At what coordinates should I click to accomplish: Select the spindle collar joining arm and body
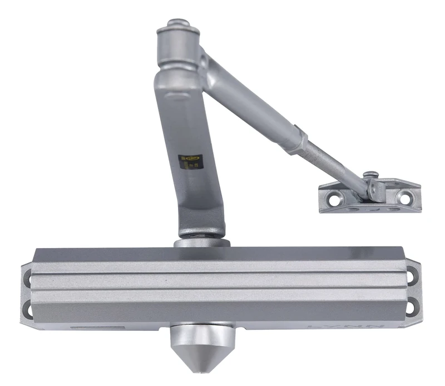pos(201,242)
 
